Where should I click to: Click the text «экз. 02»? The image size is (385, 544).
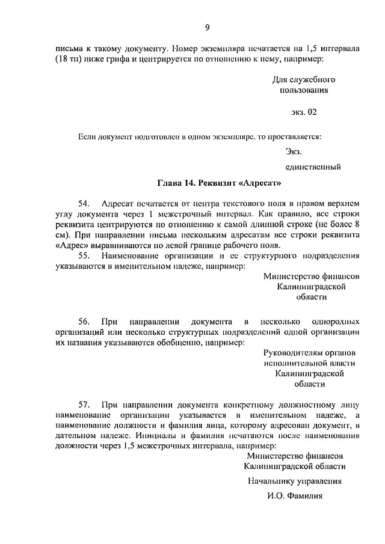[303, 112]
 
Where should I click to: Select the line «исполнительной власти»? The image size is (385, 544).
[309, 362]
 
